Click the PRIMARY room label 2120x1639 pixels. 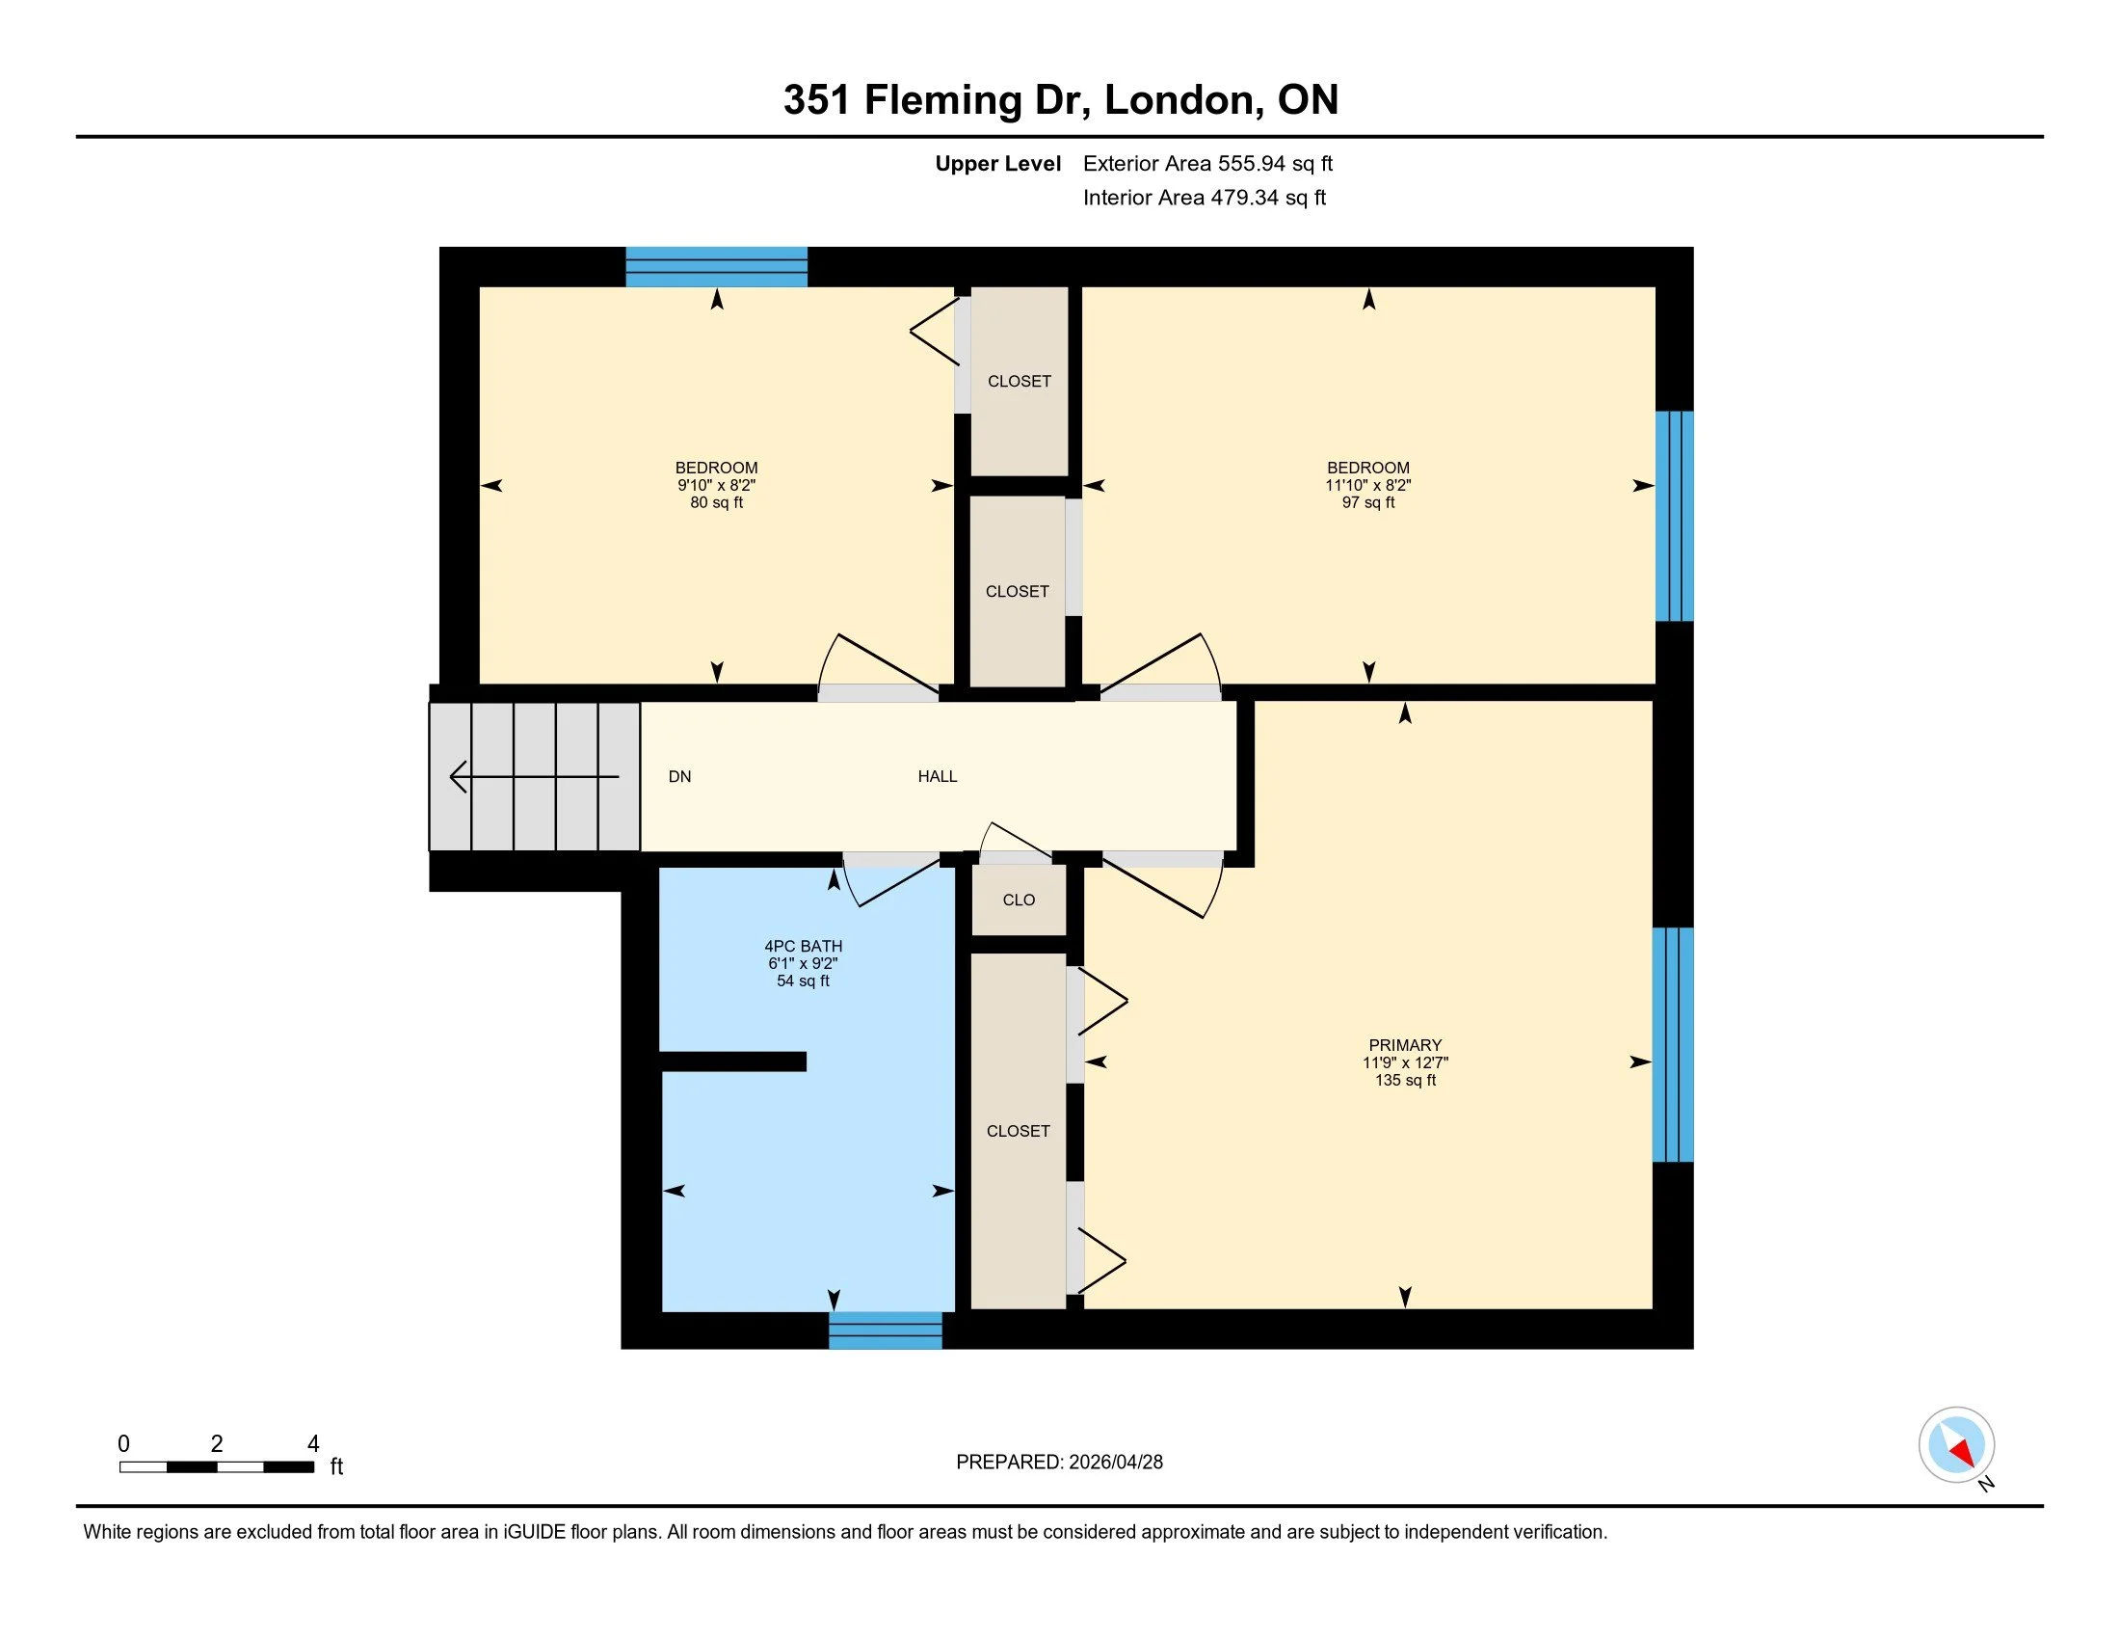point(1405,1045)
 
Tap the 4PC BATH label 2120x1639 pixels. point(803,946)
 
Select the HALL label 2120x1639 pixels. point(937,776)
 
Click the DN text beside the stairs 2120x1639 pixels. point(679,776)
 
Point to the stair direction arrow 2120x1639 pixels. point(534,777)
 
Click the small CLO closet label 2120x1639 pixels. point(1019,900)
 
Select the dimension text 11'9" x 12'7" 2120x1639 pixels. point(1405,1062)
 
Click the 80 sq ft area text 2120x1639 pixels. point(716,503)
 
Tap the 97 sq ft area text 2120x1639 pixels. point(1367,503)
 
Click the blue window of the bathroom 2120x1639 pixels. point(886,1330)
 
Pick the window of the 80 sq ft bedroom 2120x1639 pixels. point(716,267)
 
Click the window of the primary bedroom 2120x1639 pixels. point(1673,1045)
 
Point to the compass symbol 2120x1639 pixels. point(1956,1445)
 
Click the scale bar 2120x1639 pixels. point(217,1466)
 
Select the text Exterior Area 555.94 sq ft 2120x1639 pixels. point(1207,163)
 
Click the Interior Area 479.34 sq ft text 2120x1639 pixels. point(1204,198)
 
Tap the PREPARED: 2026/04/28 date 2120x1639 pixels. point(1059,1463)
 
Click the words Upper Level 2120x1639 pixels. point(997,163)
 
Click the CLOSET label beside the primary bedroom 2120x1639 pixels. point(1019,1131)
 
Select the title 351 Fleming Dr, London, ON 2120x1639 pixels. point(1060,100)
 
